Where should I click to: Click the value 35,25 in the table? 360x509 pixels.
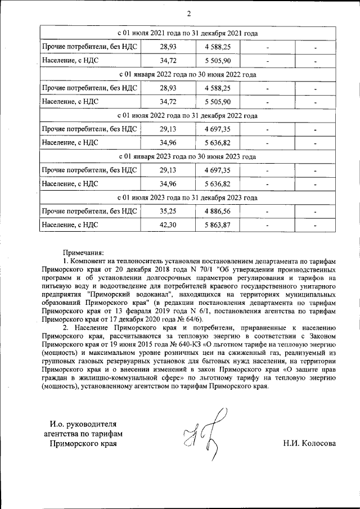(x=168, y=211)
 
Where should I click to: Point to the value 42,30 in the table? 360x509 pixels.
(x=168, y=225)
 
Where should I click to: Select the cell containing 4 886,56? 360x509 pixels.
(x=218, y=211)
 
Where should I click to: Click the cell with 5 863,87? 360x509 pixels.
(x=218, y=225)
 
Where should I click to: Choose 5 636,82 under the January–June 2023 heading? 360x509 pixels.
(x=218, y=184)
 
